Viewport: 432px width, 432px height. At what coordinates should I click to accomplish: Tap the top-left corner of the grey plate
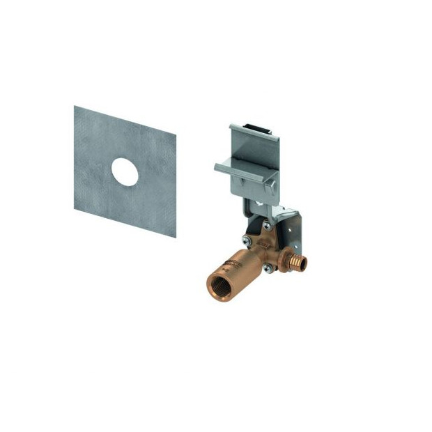pos(75,107)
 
